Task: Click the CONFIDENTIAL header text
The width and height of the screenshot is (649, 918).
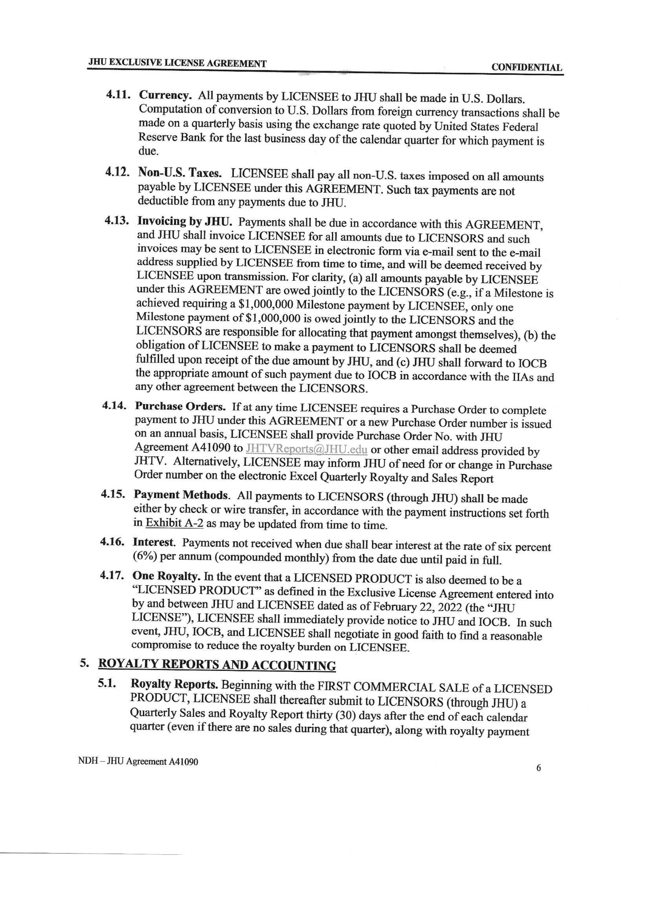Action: [x=526, y=67]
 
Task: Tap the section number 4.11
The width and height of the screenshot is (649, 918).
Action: [x=119, y=95]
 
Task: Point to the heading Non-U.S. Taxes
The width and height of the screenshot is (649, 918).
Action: [x=180, y=173]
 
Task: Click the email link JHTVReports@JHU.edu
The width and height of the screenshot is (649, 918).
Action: [x=307, y=449]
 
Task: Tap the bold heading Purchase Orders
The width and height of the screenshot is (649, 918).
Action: [x=180, y=406]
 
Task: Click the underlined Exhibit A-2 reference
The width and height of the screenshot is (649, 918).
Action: [x=175, y=523]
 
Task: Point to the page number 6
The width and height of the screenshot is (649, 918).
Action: [x=538, y=768]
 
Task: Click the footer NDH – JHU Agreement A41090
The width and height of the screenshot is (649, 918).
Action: [x=138, y=762]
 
